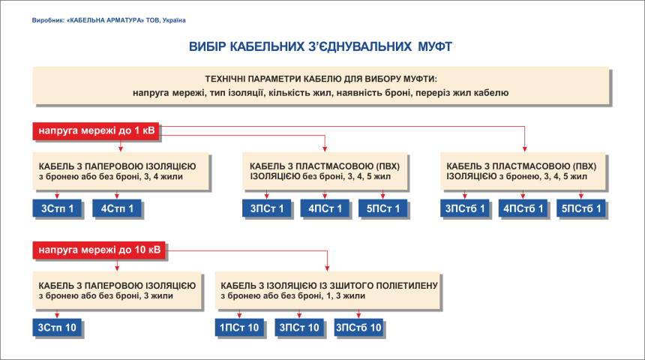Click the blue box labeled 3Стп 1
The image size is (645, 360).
click(x=57, y=208)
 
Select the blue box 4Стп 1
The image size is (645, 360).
click(x=117, y=208)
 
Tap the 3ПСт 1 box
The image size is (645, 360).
click(x=266, y=208)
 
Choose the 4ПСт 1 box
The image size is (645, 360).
click(x=325, y=208)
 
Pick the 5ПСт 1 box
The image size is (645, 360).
click(x=383, y=208)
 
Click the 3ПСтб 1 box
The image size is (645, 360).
click(x=465, y=208)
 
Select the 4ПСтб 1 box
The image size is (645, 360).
click(x=523, y=208)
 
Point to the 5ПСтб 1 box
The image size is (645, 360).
click(x=581, y=208)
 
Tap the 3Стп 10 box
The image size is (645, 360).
click(x=57, y=328)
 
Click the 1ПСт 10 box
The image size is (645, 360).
click(x=239, y=328)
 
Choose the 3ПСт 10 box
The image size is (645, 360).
click(x=299, y=328)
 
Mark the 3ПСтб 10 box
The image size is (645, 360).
click(x=358, y=328)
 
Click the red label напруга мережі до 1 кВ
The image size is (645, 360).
click(x=96, y=130)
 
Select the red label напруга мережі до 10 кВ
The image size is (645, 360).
click(x=99, y=250)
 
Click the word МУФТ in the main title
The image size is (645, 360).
click(x=435, y=46)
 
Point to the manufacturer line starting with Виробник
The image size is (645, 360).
click(x=109, y=20)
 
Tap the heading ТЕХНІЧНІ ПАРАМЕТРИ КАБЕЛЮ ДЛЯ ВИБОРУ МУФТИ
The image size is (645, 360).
click(x=321, y=79)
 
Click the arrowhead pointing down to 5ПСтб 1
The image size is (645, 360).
click(x=580, y=196)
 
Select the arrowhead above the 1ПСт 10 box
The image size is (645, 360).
click(x=239, y=315)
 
